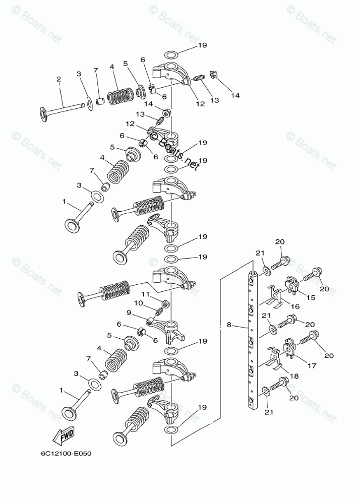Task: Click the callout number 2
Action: pyautogui.click(x=58, y=79)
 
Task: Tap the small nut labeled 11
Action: pyautogui.click(x=164, y=303)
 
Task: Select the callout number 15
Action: pyautogui.click(x=311, y=297)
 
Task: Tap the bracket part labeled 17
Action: pyautogui.click(x=290, y=348)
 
